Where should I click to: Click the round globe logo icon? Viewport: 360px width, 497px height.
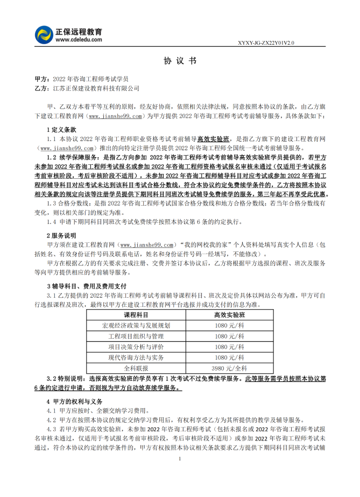pos(44,34)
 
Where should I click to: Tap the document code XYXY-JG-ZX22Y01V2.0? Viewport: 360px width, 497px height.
pos(266,42)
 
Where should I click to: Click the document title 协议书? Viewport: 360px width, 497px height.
pos(180,61)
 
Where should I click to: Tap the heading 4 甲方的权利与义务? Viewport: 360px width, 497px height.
pos(74,401)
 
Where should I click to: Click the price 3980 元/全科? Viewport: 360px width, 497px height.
pos(229,368)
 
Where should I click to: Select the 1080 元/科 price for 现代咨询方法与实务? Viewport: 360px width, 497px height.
pos(229,357)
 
